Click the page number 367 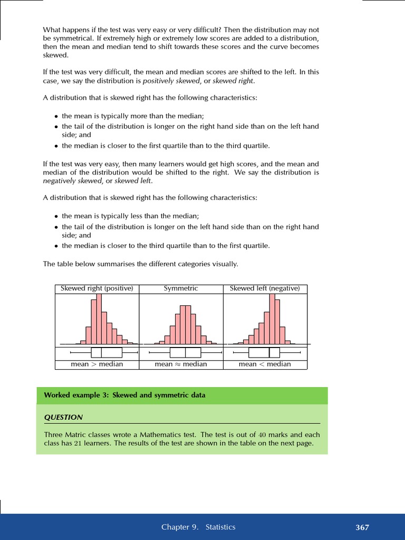[362, 527]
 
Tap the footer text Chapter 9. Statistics [198, 527]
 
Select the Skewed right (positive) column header [97, 288]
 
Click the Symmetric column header [181, 288]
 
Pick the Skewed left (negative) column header [265, 288]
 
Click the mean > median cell [97, 364]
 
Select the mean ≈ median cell [181, 364]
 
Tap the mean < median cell [265, 364]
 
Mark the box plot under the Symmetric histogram [186, 353]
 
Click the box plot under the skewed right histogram [107, 353]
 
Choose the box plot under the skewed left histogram [264, 353]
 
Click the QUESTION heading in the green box [63, 417]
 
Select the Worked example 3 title [124, 395]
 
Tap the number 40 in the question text [263, 435]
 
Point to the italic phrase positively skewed [171, 81]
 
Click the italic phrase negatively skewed [72, 181]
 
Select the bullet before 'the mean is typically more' [56, 117]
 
